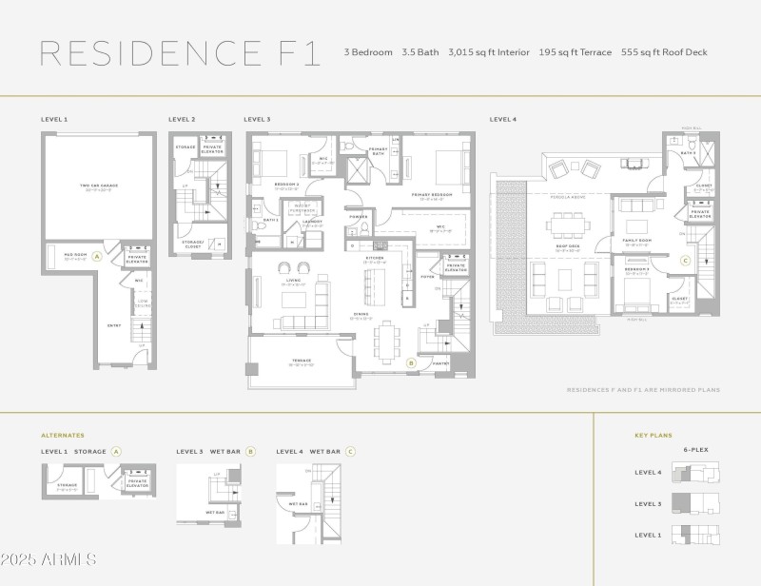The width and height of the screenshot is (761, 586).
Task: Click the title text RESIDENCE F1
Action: [x=180, y=52]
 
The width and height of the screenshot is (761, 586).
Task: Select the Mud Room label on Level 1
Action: [x=75, y=254]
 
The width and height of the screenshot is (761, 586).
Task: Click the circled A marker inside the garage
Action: [x=97, y=257]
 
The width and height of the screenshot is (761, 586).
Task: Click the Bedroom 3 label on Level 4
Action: [x=637, y=270]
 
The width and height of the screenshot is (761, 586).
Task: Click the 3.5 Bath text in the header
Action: [x=420, y=52]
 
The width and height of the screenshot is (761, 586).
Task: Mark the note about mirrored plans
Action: [x=643, y=389]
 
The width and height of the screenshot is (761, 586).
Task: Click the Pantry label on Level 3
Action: [x=439, y=362]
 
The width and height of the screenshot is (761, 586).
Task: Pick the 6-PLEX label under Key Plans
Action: [x=696, y=449]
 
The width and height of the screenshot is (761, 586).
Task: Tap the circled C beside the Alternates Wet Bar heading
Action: [x=350, y=451]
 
